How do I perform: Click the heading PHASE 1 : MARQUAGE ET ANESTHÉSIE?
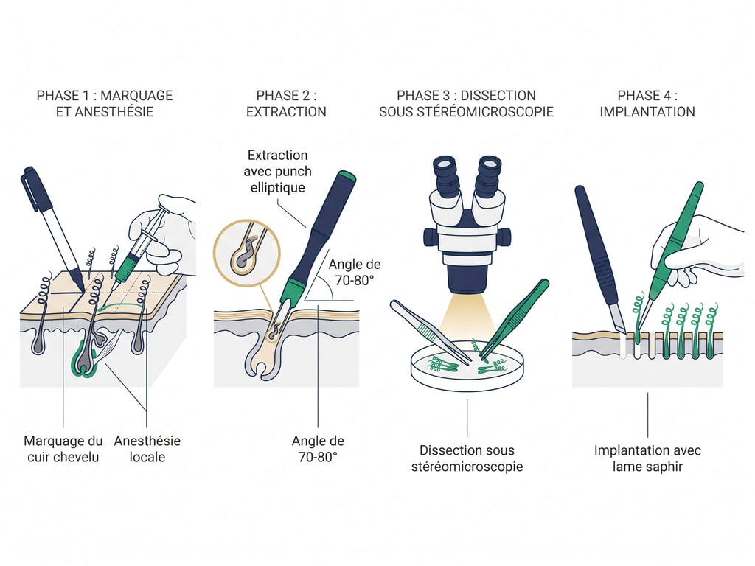coord(105,104)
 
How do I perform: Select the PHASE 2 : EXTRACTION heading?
coord(286,104)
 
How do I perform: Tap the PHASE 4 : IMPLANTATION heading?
coord(647,104)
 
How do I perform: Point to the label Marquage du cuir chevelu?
coord(63,449)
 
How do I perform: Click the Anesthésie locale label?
coord(147,449)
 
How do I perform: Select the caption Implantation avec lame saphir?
coord(647,458)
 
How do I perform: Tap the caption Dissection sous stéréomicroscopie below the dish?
coord(467,458)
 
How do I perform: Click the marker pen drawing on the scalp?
coord(52,221)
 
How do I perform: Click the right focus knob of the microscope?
coord(504,237)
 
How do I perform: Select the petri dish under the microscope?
coord(466,365)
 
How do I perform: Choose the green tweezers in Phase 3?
coord(516,317)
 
